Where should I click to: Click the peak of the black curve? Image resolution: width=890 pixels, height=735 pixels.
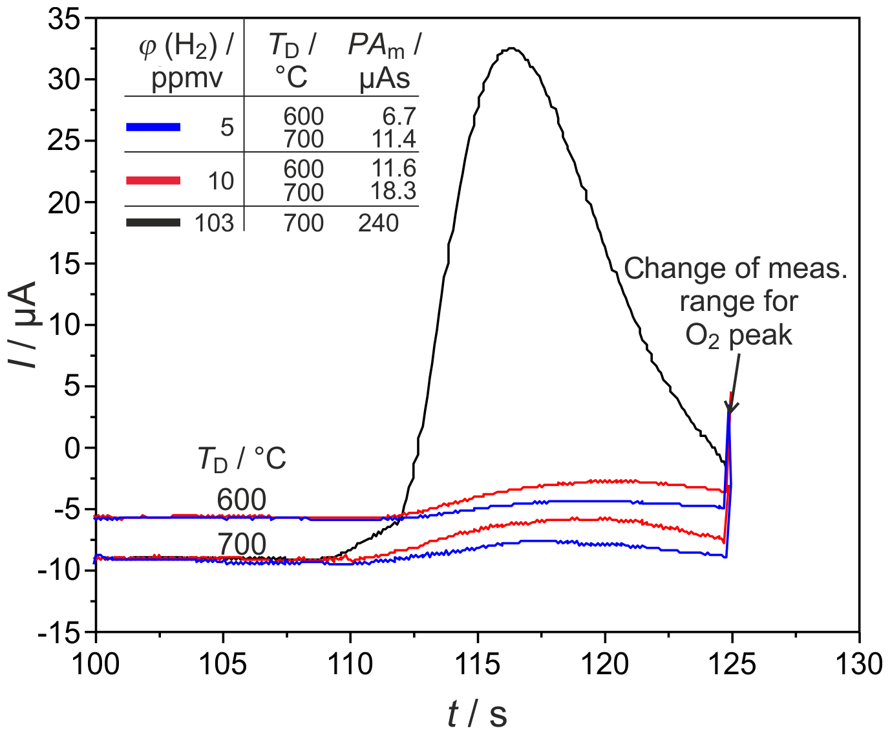tap(511, 48)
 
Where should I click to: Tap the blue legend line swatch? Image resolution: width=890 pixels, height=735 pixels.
tap(153, 127)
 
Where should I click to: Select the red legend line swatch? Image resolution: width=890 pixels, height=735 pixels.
tap(153, 180)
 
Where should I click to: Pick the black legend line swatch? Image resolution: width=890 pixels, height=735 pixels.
tap(153, 223)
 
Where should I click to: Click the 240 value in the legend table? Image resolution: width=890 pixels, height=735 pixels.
tap(378, 224)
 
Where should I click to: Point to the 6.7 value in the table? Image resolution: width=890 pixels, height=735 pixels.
tap(399, 116)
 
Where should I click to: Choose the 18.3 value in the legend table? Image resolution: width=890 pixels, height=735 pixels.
tap(393, 191)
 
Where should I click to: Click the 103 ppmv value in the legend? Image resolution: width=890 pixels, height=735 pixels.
tap(214, 224)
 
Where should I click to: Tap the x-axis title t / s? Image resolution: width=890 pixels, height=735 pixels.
tap(477, 714)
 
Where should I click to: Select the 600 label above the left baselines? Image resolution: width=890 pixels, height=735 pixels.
tap(241, 500)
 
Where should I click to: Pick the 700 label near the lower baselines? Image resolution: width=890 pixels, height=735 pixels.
tap(241, 544)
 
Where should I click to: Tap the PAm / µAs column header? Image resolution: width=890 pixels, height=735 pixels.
tap(385, 61)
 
